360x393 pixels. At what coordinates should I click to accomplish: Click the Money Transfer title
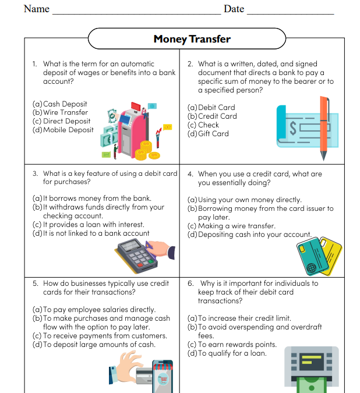[x=192, y=39]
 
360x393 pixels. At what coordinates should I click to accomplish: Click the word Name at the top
[x=36, y=9]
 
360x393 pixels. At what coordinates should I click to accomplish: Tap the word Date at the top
[x=234, y=9]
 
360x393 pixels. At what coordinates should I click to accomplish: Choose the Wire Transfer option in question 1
[x=65, y=112]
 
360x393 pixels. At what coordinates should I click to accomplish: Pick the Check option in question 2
[x=208, y=125]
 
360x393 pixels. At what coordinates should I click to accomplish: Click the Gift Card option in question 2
[x=213, y=133]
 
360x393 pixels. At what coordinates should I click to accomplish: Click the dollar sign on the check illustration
[x=294, y=127]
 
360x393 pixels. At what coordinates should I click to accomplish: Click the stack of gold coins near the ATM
[x=143, y=150]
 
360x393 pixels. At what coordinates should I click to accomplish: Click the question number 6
[x=190, y=284]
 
